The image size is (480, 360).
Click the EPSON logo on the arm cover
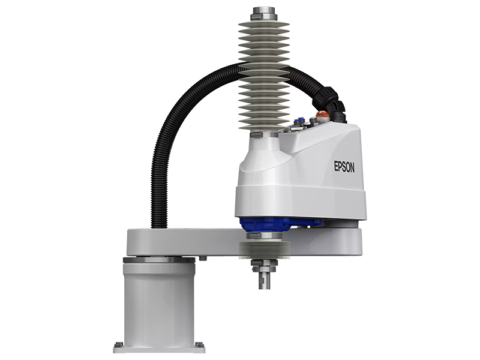pos(344,167)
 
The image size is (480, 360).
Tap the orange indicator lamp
pos(322,114)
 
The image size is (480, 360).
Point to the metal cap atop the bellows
pos(263,13)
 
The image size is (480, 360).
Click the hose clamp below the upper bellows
pos(257,134)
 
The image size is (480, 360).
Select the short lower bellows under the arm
pos(263,249)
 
